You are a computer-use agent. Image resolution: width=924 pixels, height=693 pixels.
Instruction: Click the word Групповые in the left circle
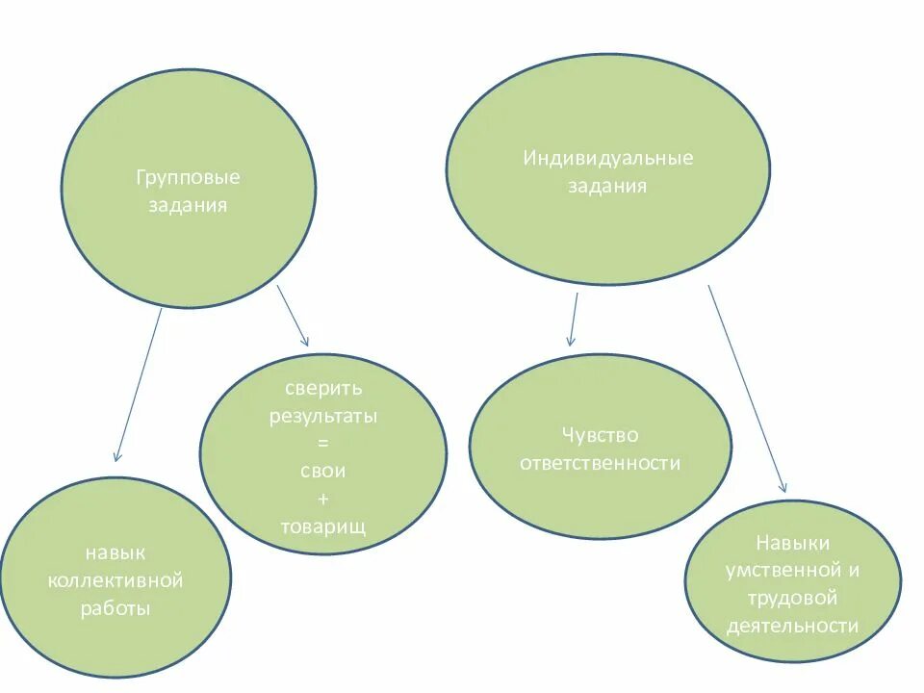click(x=188, y=178)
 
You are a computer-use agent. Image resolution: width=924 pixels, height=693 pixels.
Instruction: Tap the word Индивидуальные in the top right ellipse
click(x=607, y=158)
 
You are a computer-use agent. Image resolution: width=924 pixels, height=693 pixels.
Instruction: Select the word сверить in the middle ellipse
click(x=323, y=390)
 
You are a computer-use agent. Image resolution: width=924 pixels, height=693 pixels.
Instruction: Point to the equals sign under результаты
click(x=322, y=445)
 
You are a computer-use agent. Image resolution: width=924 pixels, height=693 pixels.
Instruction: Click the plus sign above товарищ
click(x=322, y=500)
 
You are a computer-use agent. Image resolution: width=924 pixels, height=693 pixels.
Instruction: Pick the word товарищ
click(x=323, y=527)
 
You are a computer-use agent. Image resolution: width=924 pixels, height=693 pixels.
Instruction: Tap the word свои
click(x=322, y=473)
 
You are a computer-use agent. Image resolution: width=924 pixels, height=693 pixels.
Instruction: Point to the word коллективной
click(x=115, y=581)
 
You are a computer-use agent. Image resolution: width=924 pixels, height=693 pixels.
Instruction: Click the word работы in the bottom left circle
click(x=115, y=609)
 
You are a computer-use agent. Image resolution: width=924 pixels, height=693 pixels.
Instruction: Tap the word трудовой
click(x=792, y=598)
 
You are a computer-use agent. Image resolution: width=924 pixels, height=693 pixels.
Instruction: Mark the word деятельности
click(x=792, y=627)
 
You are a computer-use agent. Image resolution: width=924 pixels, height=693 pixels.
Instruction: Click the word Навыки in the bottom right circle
click(x=792, y=543)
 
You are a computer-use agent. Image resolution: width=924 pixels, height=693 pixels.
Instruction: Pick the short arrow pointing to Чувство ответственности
click(x=574, y=319)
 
